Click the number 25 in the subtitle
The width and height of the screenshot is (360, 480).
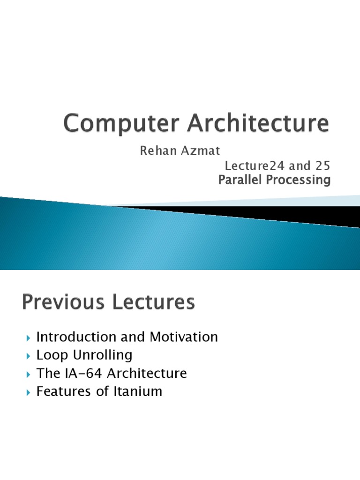(x=323, y=166)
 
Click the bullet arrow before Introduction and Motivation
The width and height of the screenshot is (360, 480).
(x=28, y=337)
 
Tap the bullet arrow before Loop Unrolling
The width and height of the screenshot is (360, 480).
(x=28, y=356)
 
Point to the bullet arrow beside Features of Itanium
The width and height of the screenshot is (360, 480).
(x=28, y=392)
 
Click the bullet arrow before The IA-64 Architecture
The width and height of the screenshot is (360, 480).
(x=28, y=374)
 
